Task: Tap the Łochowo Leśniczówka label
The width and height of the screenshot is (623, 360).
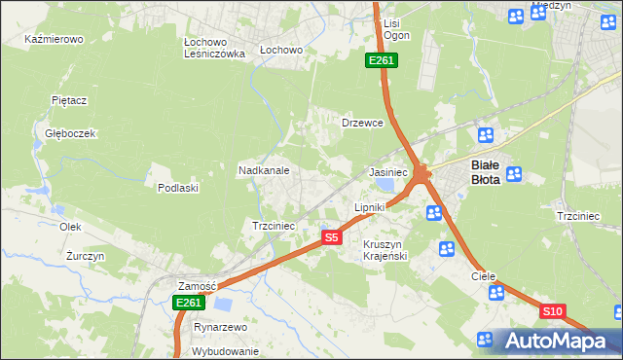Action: [214, 49]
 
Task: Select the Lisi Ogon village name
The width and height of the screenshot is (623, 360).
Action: [396, 28]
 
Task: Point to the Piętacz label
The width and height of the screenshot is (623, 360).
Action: [69, 100]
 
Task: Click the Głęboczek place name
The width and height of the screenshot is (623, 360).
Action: [63, 133]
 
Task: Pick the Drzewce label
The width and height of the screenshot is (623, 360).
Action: [363, 124]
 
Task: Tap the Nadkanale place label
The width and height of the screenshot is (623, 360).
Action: [264, 170]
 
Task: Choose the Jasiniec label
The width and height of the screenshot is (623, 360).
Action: [387, 172]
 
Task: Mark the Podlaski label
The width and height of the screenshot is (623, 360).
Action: [178, 188]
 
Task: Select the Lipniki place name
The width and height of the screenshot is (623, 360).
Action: [370, 207]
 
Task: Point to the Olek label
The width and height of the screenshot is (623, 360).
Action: [69, 226]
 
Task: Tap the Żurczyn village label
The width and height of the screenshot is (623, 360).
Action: [86, 256]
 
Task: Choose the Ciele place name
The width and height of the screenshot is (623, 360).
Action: [484, 276]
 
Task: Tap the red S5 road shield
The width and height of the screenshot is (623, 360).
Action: [332, 237]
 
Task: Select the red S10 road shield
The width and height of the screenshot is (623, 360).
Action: [552, 311]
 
